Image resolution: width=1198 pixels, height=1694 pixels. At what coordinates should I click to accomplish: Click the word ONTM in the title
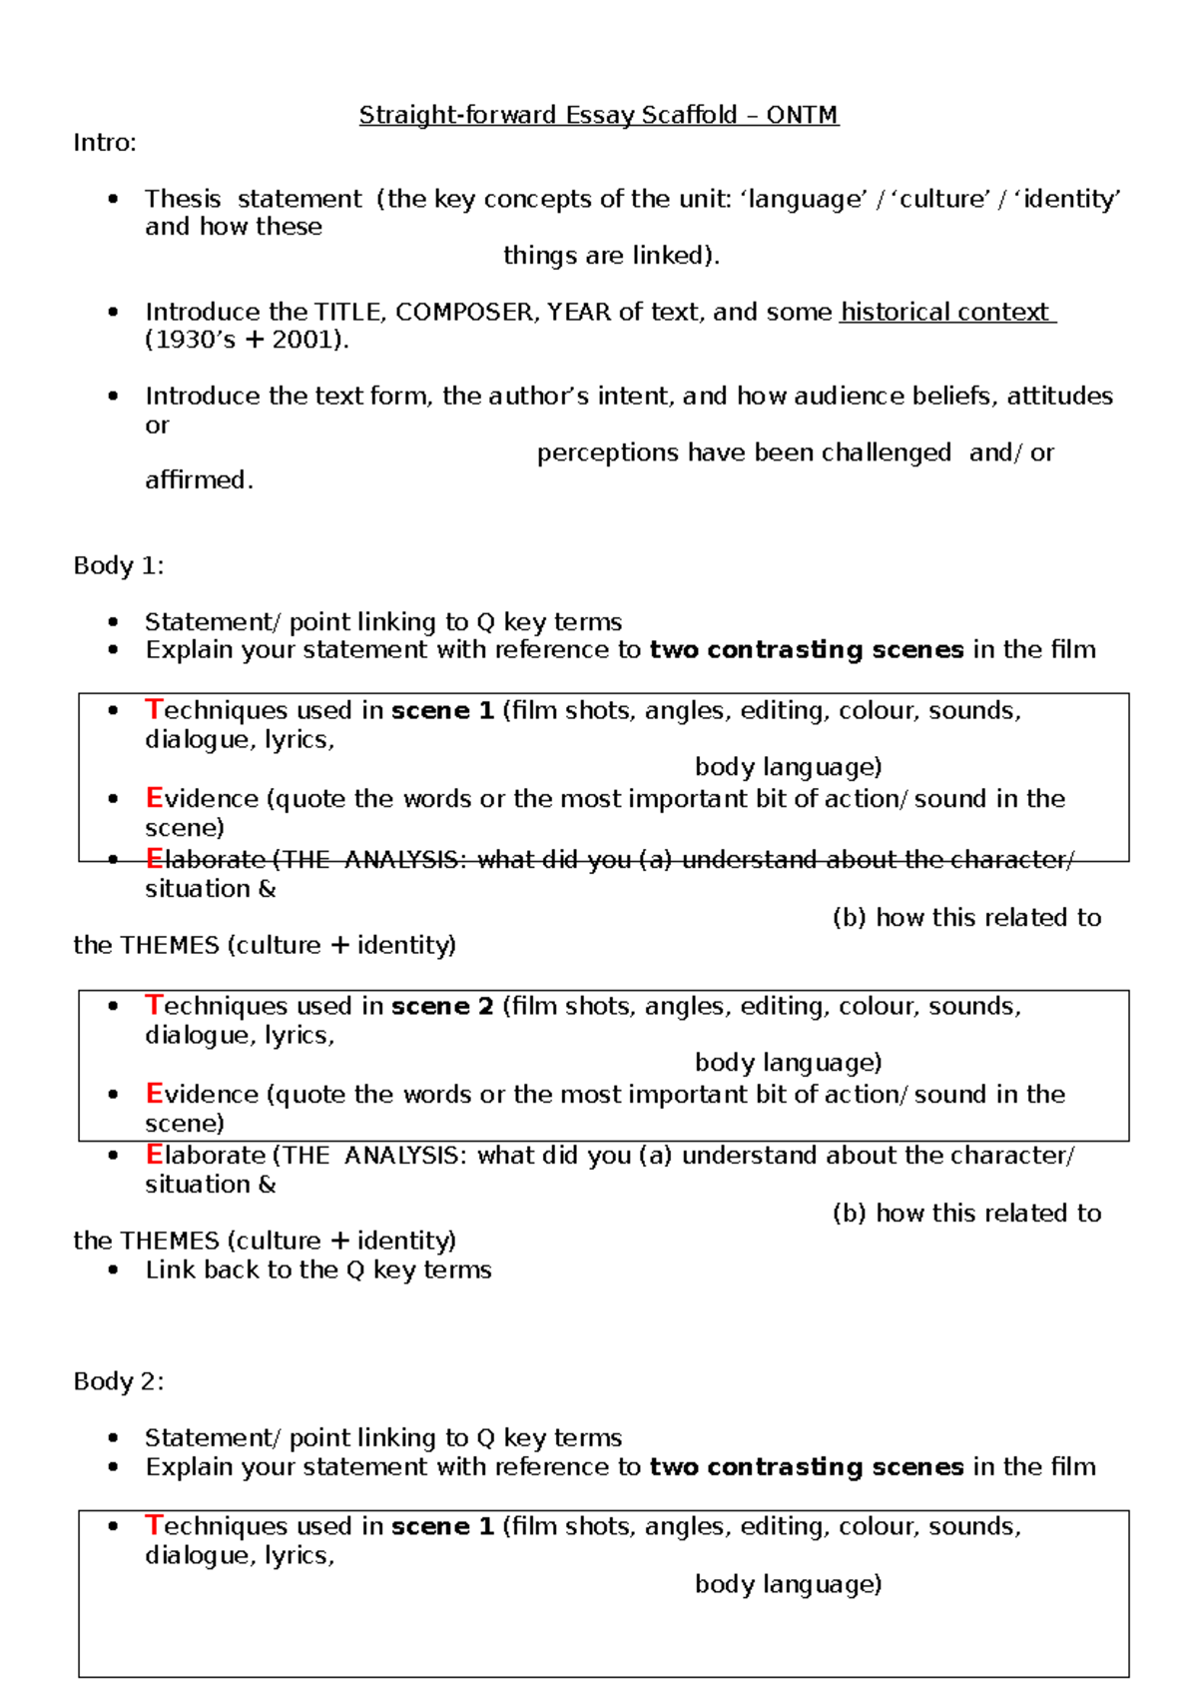pyautogui.click(x=802, y=115)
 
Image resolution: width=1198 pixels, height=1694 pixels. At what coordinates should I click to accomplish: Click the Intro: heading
pyautogui.click(x=104, y=143)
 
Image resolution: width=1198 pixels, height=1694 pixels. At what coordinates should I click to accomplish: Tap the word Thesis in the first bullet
pyautogui.click(x=182, y=199)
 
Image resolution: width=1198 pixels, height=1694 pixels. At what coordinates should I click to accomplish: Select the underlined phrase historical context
pyautogui.click(x=945, y=312)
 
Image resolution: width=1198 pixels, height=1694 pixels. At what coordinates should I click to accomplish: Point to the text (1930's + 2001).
pyautogui.click(x=247, y=340)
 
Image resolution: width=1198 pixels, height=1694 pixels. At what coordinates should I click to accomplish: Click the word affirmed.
pyautogui.click(x=198, y=480)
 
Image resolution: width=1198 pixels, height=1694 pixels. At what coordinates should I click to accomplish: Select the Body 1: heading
pyautogui.click(x=118, y=565)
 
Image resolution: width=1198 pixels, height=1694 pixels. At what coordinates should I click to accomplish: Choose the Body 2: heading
pyautogui.click(x=118, y=1381)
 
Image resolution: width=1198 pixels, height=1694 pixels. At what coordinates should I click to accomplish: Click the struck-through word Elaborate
pyautogui.click(x=205, y=859)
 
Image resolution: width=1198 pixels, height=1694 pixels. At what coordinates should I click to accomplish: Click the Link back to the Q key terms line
pyautogui.click(x=317, y=1270)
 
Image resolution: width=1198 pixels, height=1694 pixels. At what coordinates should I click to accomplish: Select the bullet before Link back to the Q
pyautogui.click(x=114, y=1270)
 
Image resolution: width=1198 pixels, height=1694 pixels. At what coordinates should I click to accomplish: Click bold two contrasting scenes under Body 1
pyautogui.click(x=806, y=650)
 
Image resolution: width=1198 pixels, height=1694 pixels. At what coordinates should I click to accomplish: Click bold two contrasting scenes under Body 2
pyautogui.click(x=806, y=1466)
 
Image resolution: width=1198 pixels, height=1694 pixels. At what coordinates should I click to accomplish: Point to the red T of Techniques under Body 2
pyautogui.click(x=153, y=1525)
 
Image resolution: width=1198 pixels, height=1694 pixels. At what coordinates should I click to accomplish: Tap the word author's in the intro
pyautogui.click(x=538, y=397)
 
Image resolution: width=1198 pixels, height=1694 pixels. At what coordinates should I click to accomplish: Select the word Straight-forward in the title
pyautogui.click(x=457, y=115)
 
